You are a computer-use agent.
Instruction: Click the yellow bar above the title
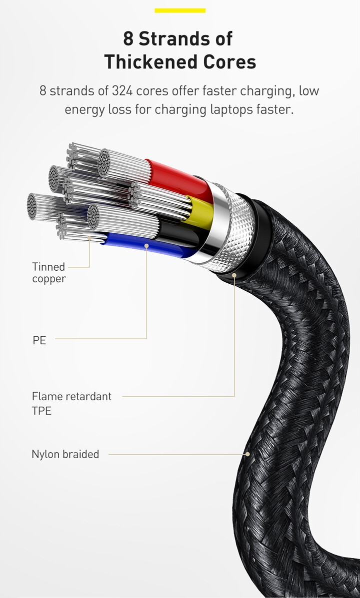tap(180, 10)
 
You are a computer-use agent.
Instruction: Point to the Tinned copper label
tap(48, 273)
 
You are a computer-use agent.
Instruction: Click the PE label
tap(39, 341)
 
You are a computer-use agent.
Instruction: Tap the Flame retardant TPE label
tap(71, 404)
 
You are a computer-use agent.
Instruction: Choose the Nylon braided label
tap(65, 454)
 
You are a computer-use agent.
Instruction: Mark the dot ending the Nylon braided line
tap(247, 454)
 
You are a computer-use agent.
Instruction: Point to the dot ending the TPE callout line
tap(234, 274)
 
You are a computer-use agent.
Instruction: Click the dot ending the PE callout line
tap(146, 245)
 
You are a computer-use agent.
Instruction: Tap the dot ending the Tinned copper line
tap(90, 238)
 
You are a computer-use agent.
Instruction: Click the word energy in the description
tap(83, 109)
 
